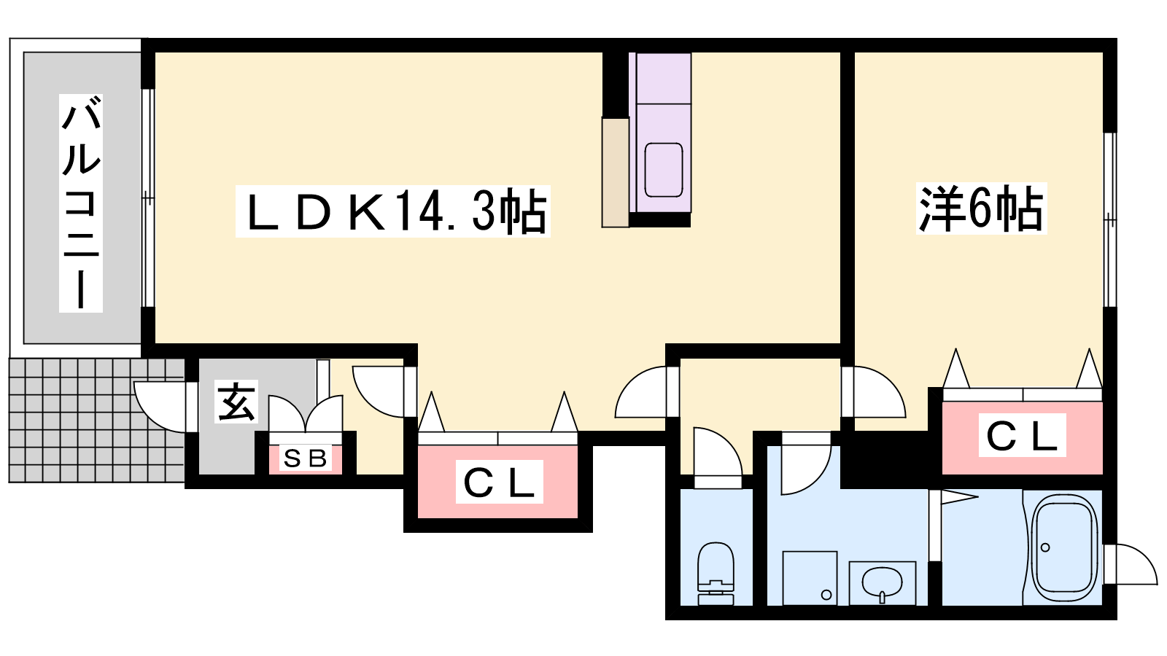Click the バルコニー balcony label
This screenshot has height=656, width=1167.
click(81, 203)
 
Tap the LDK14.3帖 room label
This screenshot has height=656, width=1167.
click(393, 211)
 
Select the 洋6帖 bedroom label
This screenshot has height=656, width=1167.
click(982, 208)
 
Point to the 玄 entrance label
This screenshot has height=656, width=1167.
click(236, 402)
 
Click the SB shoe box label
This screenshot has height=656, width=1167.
click(306, 458)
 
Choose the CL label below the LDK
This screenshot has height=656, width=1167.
click(499, 482)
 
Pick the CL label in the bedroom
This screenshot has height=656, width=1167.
click(1022, 435)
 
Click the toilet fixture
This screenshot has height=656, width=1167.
click(716, 573)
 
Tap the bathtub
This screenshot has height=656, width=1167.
click(1064, 547)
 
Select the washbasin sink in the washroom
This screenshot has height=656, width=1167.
click(882, 582)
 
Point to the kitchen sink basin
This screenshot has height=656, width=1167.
click(664, 170)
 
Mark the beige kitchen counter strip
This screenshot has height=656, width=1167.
click(616, 173)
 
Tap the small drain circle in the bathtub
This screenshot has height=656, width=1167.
click(1045, 547)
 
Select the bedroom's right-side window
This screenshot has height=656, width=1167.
click(1110, 219)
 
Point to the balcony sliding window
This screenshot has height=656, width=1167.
click(149, 198)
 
